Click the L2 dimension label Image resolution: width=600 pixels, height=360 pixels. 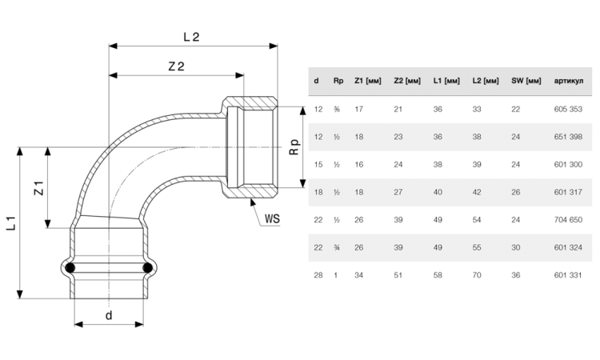(x=191, y=37)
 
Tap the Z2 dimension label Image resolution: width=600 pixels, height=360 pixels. (x=177, y=66)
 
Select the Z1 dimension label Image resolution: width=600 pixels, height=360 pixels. (x=39, y=188)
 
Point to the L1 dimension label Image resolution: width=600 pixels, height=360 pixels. (x=11, y=223)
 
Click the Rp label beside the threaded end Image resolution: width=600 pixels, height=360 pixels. (x=294, y=147)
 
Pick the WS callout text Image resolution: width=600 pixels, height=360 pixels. (x=272, y=219)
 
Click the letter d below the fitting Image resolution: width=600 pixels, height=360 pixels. (x=109, y=315)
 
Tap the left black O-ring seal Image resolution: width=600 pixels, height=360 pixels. (x=70, y=268)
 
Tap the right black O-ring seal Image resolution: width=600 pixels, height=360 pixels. (x=148, y=268)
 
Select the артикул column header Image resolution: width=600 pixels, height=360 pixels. (x=569, y=81)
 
